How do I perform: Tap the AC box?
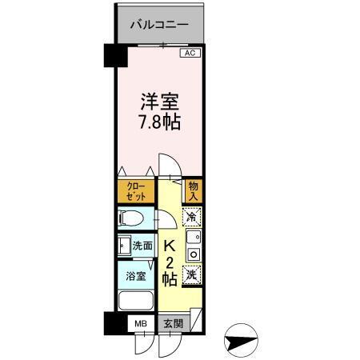coord(189,54)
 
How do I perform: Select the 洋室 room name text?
coord(159,103)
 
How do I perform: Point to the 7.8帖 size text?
coord(159,124)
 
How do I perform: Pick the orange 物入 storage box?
coord(193,191)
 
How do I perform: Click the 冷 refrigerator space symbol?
coord(192,216)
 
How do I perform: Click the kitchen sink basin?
coord(192,238)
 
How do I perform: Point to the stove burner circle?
coord(192,254)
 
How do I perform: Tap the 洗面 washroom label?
coord(142,246)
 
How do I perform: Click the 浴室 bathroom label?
coord(135,276)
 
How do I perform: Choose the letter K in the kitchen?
coord(170,247)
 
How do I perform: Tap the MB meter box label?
coord(141,324)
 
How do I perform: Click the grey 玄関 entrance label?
coord(173,324)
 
